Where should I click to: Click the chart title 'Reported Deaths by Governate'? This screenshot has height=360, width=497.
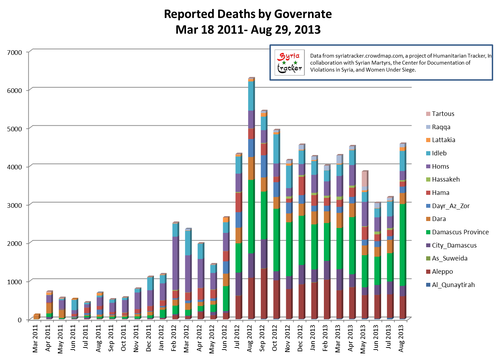click(248, 14)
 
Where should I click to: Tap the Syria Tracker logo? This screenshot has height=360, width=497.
click(289, 63)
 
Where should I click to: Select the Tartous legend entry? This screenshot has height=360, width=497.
click(443, 114)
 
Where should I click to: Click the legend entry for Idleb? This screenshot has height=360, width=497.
click(439, 153)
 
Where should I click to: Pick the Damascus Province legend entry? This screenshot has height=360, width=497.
click(460, 232)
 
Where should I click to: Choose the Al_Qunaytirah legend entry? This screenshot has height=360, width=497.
click(453, 285)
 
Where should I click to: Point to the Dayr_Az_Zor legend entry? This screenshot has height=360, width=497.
click(451, 206)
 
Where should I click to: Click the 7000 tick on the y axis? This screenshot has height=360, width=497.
click(14, 52)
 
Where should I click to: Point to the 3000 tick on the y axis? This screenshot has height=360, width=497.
click(14, 205)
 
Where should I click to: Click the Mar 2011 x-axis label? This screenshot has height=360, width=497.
click(36, 338)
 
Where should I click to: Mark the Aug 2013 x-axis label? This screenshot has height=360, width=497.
click(401, 338)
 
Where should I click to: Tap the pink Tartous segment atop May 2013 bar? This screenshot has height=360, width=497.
click(364, 178)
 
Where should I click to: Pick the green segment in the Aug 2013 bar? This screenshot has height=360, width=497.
click(402, 244)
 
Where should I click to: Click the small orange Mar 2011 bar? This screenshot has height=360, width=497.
click(36, 317)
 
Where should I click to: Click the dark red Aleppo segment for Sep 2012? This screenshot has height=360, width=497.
click(263, 293)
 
